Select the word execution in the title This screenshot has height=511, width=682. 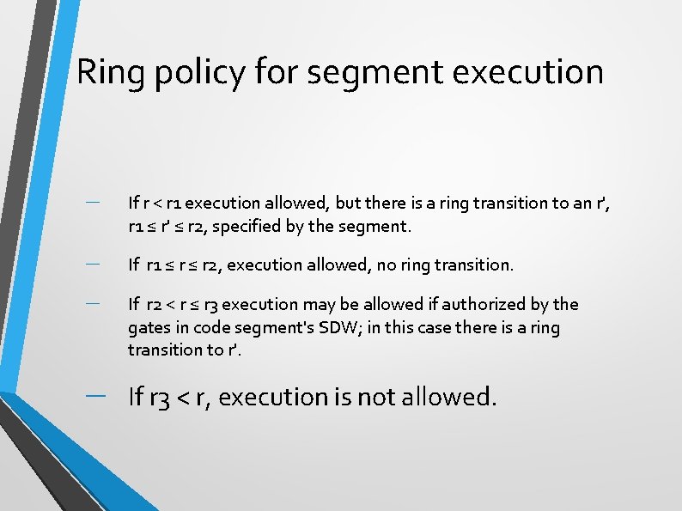[x=526, y=72]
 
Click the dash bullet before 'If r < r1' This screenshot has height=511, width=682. [x=94, y=202]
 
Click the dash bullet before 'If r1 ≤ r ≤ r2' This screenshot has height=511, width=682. [x=94, y=263]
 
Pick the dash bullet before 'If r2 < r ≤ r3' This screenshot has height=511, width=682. [x=94, y=302]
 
